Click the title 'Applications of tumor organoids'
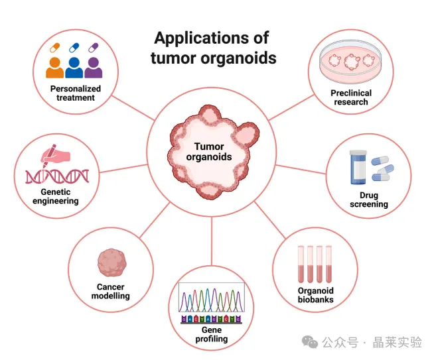tap(213, 47)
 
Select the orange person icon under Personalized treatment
tap(55, 66)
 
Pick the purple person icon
tap(94, 66)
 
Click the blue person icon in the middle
tap(74, 66)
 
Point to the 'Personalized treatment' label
tap(75, 93)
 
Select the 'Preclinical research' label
tap(351, 97)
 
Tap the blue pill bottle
tap(359, 166)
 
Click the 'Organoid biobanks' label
tap(315, 295)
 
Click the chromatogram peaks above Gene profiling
tap(211, 300)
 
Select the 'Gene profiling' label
tap(211, 334)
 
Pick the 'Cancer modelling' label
tap(110, 292)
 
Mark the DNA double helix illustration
tap(57, 176)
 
